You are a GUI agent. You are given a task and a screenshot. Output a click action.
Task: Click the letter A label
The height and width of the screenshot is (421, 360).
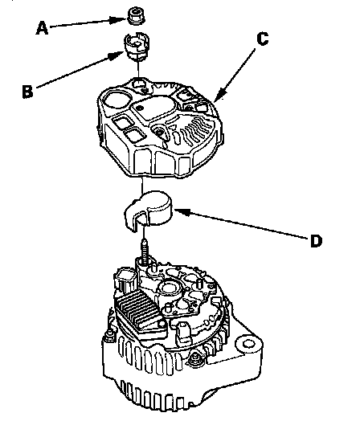pyautogui.click(x=42, y=28)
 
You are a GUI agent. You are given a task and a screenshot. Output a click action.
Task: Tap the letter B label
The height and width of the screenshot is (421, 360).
pyautogui.click(x=27, y=92)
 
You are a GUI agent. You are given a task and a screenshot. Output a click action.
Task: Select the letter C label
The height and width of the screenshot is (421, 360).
pyautogui.click(x=263, y=39)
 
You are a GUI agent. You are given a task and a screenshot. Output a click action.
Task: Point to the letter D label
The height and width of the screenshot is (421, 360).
pyautogui.click(x=316, y=241)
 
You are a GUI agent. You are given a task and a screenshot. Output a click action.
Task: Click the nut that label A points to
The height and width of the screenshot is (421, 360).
pyautogui.click(x=136, y=16)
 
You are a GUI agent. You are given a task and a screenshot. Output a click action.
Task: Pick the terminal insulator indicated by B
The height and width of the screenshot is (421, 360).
pyautogui.click(x=137, y=46)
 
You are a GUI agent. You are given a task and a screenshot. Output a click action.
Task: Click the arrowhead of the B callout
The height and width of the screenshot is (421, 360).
pyautogui.click(x=117, y=56)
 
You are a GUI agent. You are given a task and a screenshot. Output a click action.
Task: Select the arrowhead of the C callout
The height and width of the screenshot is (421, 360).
pyautogui.click(x=220, y=95)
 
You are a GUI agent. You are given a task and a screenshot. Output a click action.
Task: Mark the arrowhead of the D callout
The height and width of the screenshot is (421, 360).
pyautogui.click(x=183, y=212)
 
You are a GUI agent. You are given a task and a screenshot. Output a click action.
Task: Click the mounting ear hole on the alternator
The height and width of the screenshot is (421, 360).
pyautogui.click(x=248, y=344)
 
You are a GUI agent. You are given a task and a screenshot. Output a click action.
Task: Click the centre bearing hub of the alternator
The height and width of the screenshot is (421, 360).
pyautogui.click(x=169, y=288)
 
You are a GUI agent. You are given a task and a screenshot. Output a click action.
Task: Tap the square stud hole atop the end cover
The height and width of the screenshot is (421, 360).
pyautogui.click(x=140, y=83)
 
